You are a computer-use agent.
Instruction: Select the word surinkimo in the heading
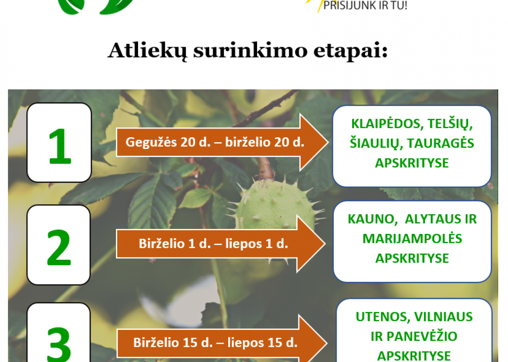[250, 51]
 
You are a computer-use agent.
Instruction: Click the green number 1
[60, 146]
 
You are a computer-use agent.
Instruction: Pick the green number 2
[59, 248]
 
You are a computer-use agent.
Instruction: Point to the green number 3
[59, 344]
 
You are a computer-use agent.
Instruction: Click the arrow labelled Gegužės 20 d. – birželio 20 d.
[222, 142]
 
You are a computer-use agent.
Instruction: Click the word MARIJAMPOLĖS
[412, 239]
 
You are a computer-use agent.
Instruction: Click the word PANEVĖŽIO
[422, 336]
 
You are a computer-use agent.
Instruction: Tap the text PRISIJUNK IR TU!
[365, 5]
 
